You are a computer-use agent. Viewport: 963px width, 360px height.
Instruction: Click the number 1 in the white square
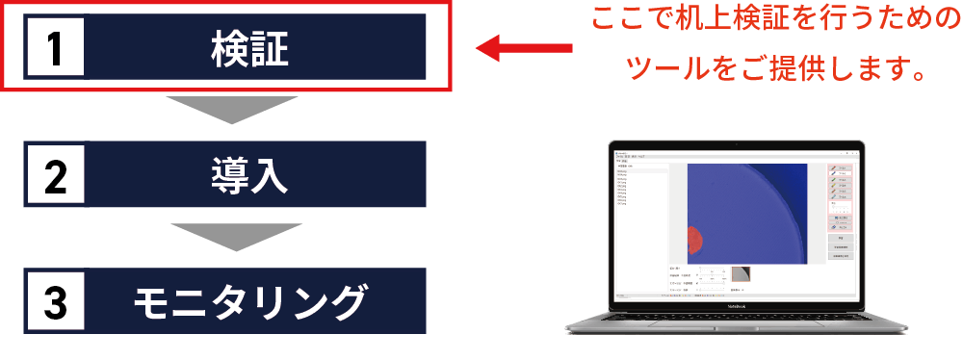click(x=55, y=48)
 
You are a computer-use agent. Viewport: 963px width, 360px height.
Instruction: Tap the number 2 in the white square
click(x=55, y=176)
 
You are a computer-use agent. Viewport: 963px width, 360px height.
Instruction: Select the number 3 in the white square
click(x=55, y=302)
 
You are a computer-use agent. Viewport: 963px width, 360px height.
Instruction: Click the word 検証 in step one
click(x=249, y=48)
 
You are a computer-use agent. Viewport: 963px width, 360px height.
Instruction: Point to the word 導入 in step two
click(x=249, y=176)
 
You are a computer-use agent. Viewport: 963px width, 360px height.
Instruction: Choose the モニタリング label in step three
click(x=249, y=302)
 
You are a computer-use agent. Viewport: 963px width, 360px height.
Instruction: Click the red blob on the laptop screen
click(x=694, y=240)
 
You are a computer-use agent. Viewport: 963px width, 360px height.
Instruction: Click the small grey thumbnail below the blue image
click(x=741, y=274)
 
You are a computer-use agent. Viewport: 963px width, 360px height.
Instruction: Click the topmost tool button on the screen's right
click(x=839, y=167)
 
